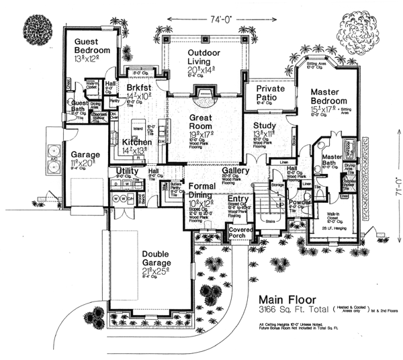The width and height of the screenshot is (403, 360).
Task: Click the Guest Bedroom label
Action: pyautogui.click(x=92, y=46)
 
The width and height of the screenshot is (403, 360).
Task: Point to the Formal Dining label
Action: pyautogui.click(x=202, y=191)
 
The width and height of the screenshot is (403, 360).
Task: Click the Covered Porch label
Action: pyautogui.click(x=241, y=232)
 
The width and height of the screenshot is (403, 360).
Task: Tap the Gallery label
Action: pyautogui.click(x=236, y=171)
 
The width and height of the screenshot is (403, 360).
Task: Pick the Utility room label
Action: pyautogui.click(x=128, y=171)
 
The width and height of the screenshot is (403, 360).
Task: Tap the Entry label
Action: pyautogui.click(x=237, y=199)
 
